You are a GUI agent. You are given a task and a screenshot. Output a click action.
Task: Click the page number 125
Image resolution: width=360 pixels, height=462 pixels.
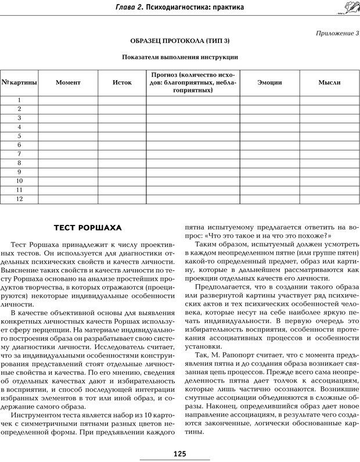point(179,453)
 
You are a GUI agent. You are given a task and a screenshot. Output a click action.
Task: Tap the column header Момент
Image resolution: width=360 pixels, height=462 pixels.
point(68,83)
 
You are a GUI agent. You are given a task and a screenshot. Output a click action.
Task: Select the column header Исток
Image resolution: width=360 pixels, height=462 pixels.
point(122,83)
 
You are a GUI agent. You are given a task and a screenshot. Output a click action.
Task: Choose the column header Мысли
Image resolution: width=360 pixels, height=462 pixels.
point(329,83)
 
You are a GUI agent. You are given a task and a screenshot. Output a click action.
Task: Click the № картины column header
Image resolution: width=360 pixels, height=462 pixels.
point(19,83)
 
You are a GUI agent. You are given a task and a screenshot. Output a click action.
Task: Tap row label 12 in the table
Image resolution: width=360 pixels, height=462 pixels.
point(19,199)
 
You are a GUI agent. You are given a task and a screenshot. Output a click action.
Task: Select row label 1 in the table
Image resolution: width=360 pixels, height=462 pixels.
point(19,100)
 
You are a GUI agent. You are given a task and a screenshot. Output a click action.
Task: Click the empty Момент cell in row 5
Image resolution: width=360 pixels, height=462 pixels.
point(68,136)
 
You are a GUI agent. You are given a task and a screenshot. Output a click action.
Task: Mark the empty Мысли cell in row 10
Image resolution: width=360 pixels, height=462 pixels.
point(329,181)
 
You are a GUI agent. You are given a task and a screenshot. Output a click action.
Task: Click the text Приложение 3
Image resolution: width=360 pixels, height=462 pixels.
point(337,33)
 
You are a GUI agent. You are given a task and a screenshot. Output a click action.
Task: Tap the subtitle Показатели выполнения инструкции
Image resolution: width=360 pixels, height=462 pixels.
point(179,57)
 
